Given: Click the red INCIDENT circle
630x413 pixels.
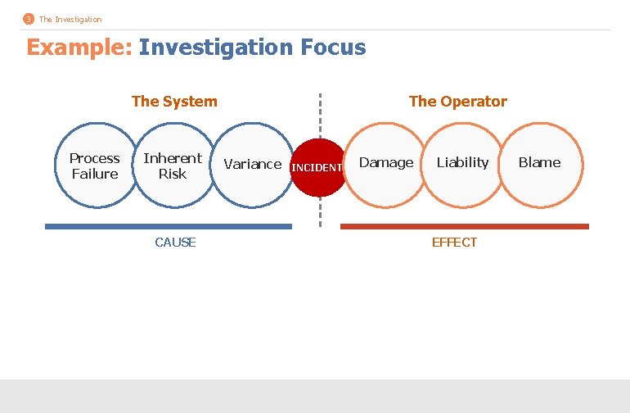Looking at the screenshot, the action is [318, 167].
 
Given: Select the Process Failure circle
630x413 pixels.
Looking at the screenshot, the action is [94, 166].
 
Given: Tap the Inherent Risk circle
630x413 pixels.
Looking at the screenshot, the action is [172, 166].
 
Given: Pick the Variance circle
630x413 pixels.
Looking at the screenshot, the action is [252, 164].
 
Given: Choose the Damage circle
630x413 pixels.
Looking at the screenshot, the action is [386, 163].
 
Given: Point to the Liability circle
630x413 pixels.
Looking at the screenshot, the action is [462, 163].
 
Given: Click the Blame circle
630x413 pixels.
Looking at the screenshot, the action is [539, 163].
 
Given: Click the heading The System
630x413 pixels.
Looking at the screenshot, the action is [174, 102].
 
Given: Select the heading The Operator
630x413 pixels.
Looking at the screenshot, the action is [457, 102].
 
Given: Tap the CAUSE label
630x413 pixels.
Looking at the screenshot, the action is [175, 242].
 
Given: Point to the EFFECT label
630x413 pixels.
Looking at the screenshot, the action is [454, 242].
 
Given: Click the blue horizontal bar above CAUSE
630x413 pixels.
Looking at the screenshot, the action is [168, 226].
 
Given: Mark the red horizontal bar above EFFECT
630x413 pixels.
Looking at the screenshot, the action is [464, 226].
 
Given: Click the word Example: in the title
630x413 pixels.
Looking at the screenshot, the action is [79, 48].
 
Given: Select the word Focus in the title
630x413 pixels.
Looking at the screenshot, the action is [333, 48].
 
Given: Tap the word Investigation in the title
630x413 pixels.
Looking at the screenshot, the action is [215, 48].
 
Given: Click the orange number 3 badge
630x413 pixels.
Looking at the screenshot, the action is [29, 19].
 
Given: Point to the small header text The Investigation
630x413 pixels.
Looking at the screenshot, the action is [70, 19].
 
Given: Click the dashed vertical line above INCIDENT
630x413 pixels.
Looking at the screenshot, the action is [320, 115].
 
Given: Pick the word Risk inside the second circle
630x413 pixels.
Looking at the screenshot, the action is [172, 174].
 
